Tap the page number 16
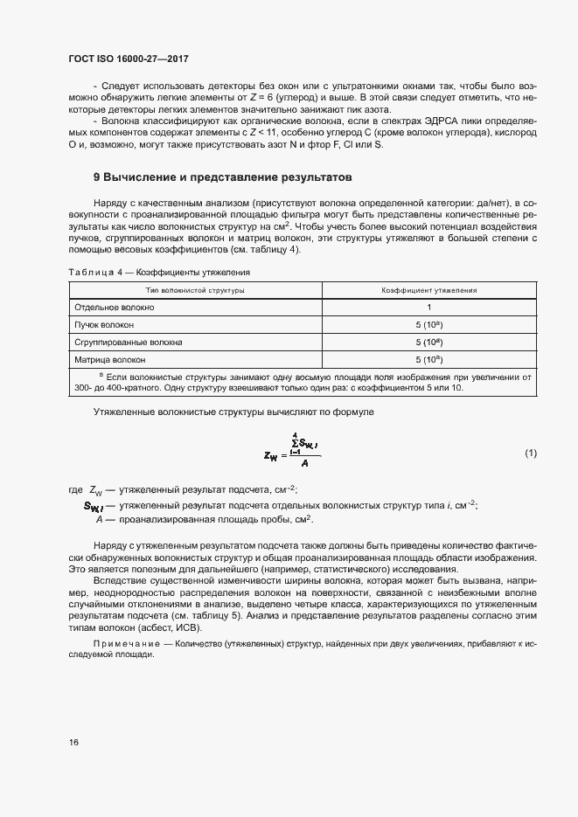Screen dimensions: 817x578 (74, 742)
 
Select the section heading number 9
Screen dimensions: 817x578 (96, 177)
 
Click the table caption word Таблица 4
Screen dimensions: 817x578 (94, 273)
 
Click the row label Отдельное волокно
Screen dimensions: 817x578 (115, 308)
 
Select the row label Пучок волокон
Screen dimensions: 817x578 (104, 324)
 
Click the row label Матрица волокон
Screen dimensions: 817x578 (110, 359)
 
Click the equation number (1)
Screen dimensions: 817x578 (530, 453)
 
